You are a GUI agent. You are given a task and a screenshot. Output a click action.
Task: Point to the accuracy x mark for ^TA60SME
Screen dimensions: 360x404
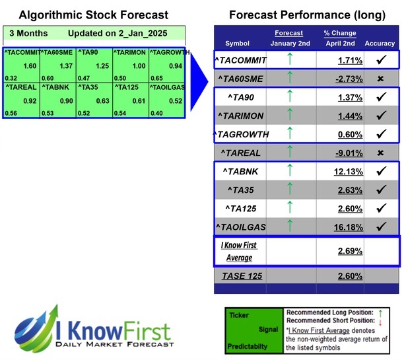pyautogui.click(x=380, y=79)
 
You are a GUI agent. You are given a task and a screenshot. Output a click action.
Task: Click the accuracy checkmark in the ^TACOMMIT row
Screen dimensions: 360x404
pyautogui.click(x=380, y=60)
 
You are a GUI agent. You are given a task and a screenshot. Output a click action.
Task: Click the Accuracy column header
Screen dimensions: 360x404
pyautogui.click(x=380, y=44)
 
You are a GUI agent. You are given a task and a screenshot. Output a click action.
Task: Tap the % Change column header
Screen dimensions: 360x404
pyautogui.click(x=340, y=33)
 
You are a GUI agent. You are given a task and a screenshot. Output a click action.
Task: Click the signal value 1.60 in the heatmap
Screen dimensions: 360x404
pyautogui.click(x=29, y=67)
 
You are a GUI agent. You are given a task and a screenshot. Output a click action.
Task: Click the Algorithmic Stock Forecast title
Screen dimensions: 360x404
pyautogui.click(x=94, y=15)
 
